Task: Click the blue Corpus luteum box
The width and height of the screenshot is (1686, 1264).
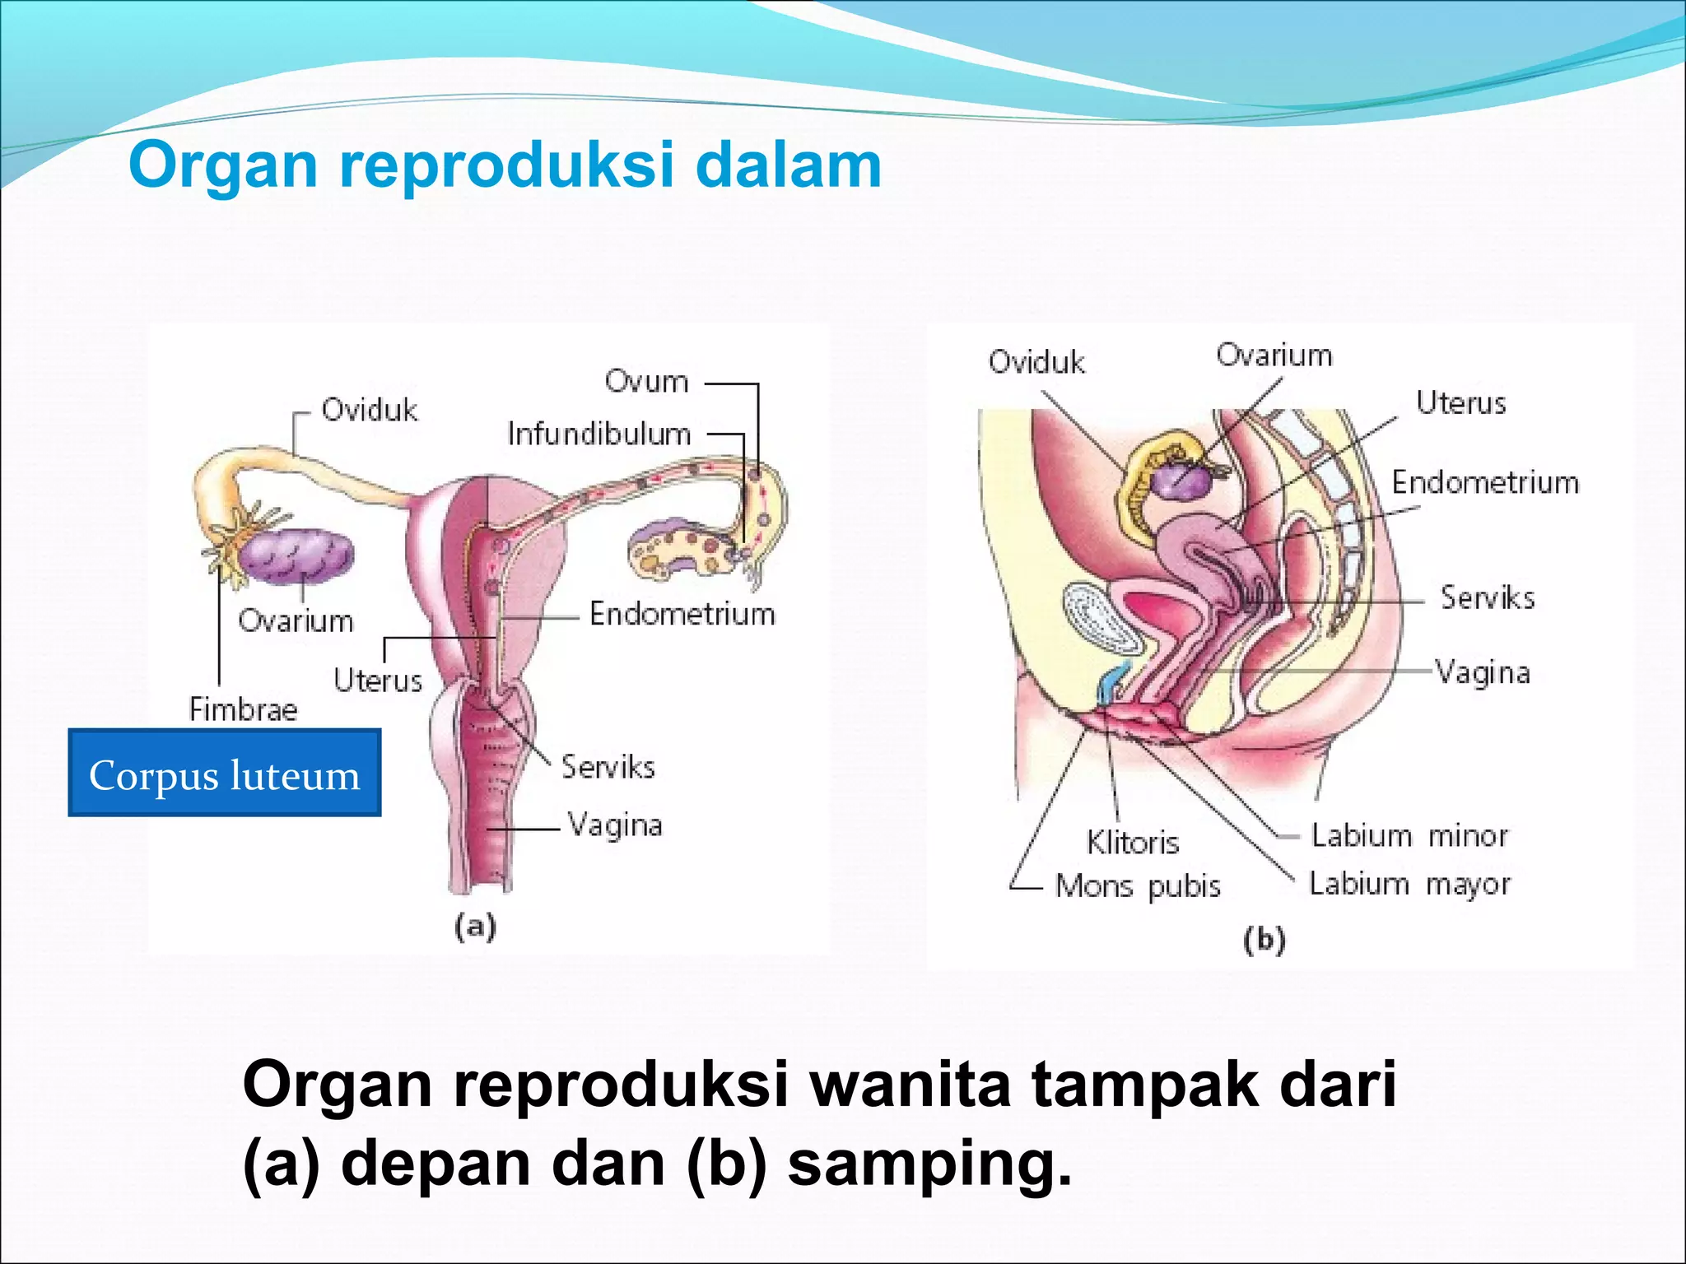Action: pyautogui.click(x=224, y=773)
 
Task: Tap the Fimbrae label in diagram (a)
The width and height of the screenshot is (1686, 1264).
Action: pyautogui.click(x=243, y=709)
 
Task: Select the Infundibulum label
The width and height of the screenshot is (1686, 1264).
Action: pyautogui.click(x=598, y=434)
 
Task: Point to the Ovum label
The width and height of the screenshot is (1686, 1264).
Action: pyautogui.click(x=646, y=381)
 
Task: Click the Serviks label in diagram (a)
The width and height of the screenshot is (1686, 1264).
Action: pyautogui.click(x=608, y=767)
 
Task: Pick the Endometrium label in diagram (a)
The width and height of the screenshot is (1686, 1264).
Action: pyautogui.click(x=682, y=614)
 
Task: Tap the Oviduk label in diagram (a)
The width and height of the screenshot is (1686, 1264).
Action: pyautogui.click(x=369, y=410)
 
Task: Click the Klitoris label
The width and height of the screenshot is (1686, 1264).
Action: pyautogui.click(x=1133, y=843)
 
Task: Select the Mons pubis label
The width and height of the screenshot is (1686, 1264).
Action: pyautogui.click(x=1138, y=886)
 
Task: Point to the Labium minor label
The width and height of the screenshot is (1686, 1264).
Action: pyautogui.click(x=1409, y=836)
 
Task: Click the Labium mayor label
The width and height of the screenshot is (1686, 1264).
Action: pyautogui.click(x=1409, y=884)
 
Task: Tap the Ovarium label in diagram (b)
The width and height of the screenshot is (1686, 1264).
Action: pyautogui.click(x=1274, y=355)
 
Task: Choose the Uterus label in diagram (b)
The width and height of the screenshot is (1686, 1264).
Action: pyautogui.click(x=1460, y=403)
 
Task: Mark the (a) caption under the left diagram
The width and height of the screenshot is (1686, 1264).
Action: pyautogui.click(x=475, y=927)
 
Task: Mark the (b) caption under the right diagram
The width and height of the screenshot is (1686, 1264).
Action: pyautogui.click(x=1264, y=940)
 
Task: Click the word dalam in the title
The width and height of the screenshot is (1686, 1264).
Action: pyautogui.click(x=788, y=165)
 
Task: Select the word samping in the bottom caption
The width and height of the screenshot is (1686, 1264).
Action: pyautogui.click(x=929, y=1164)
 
